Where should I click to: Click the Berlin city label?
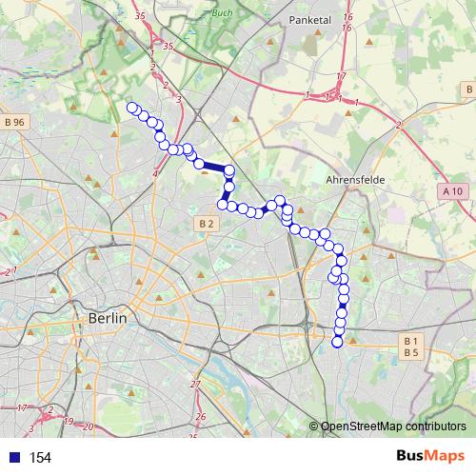[108, 318]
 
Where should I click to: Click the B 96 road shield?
[13, 122]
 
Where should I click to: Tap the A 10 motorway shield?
[453, 191]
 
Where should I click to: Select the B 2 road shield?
[208, 223]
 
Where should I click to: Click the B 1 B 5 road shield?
[411, 347]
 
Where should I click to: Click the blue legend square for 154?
[13, 458]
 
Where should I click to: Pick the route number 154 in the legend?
[40, 458]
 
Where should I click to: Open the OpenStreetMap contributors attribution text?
[393, 426]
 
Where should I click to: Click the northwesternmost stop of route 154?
[132, 108]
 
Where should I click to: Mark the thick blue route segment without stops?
[214, 168]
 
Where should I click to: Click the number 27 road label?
[196, 384]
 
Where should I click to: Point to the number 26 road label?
[200, 417]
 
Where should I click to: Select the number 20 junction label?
[88, 426]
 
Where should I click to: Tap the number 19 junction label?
[69, 420]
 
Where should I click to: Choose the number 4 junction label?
[155, 173]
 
